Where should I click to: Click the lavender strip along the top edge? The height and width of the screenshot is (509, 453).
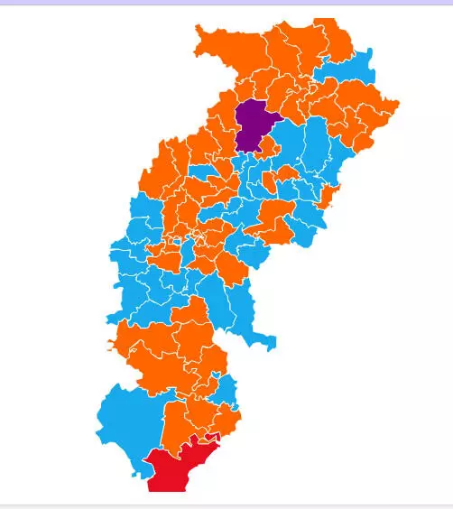[226, 3]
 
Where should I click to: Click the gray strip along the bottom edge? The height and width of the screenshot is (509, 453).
[226, 505]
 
